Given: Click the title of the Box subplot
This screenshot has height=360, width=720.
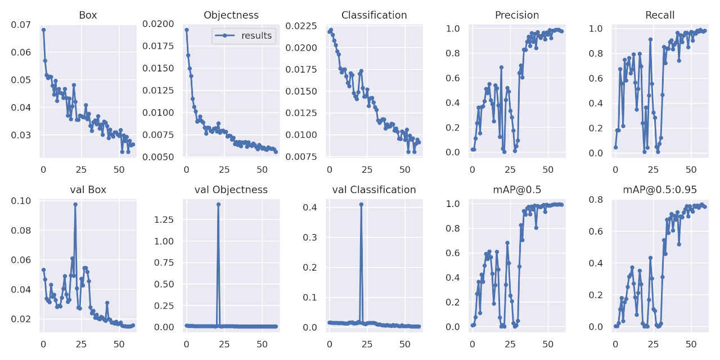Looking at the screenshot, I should pyautogui.click(x=88, y=15).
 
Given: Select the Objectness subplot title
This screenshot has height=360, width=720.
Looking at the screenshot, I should pyautogui.click(x=231, y=15).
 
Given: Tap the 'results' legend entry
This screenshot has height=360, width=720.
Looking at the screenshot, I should pyautogui.click(x=256, y=36).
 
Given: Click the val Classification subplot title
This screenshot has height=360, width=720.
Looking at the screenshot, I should pyautogui.click(x=374, y=190).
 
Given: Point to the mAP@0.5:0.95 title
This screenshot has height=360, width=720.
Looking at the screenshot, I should pyautogui.click(x=660, y=190).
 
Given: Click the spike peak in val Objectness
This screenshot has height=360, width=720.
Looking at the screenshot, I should pyautogui.click(x=218, y=204).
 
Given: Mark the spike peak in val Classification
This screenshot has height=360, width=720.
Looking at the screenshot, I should pyautogui.click(x=361, y=204).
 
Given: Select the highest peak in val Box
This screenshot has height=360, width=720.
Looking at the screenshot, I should pyautogui.click(x=75, y=204).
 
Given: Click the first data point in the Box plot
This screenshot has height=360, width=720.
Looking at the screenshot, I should pyautogui.click(x=43, y=30).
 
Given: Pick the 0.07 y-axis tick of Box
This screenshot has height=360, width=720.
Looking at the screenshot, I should pyautogui.click(x=21, y=25).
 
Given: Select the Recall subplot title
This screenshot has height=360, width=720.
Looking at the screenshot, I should pyautogui.click(x=660, y=15).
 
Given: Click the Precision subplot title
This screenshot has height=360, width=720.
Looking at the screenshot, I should pyautogui.click(x=517, y=15).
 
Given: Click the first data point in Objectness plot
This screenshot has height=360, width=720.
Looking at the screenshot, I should pyautogui.click(x=187, y=30).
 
